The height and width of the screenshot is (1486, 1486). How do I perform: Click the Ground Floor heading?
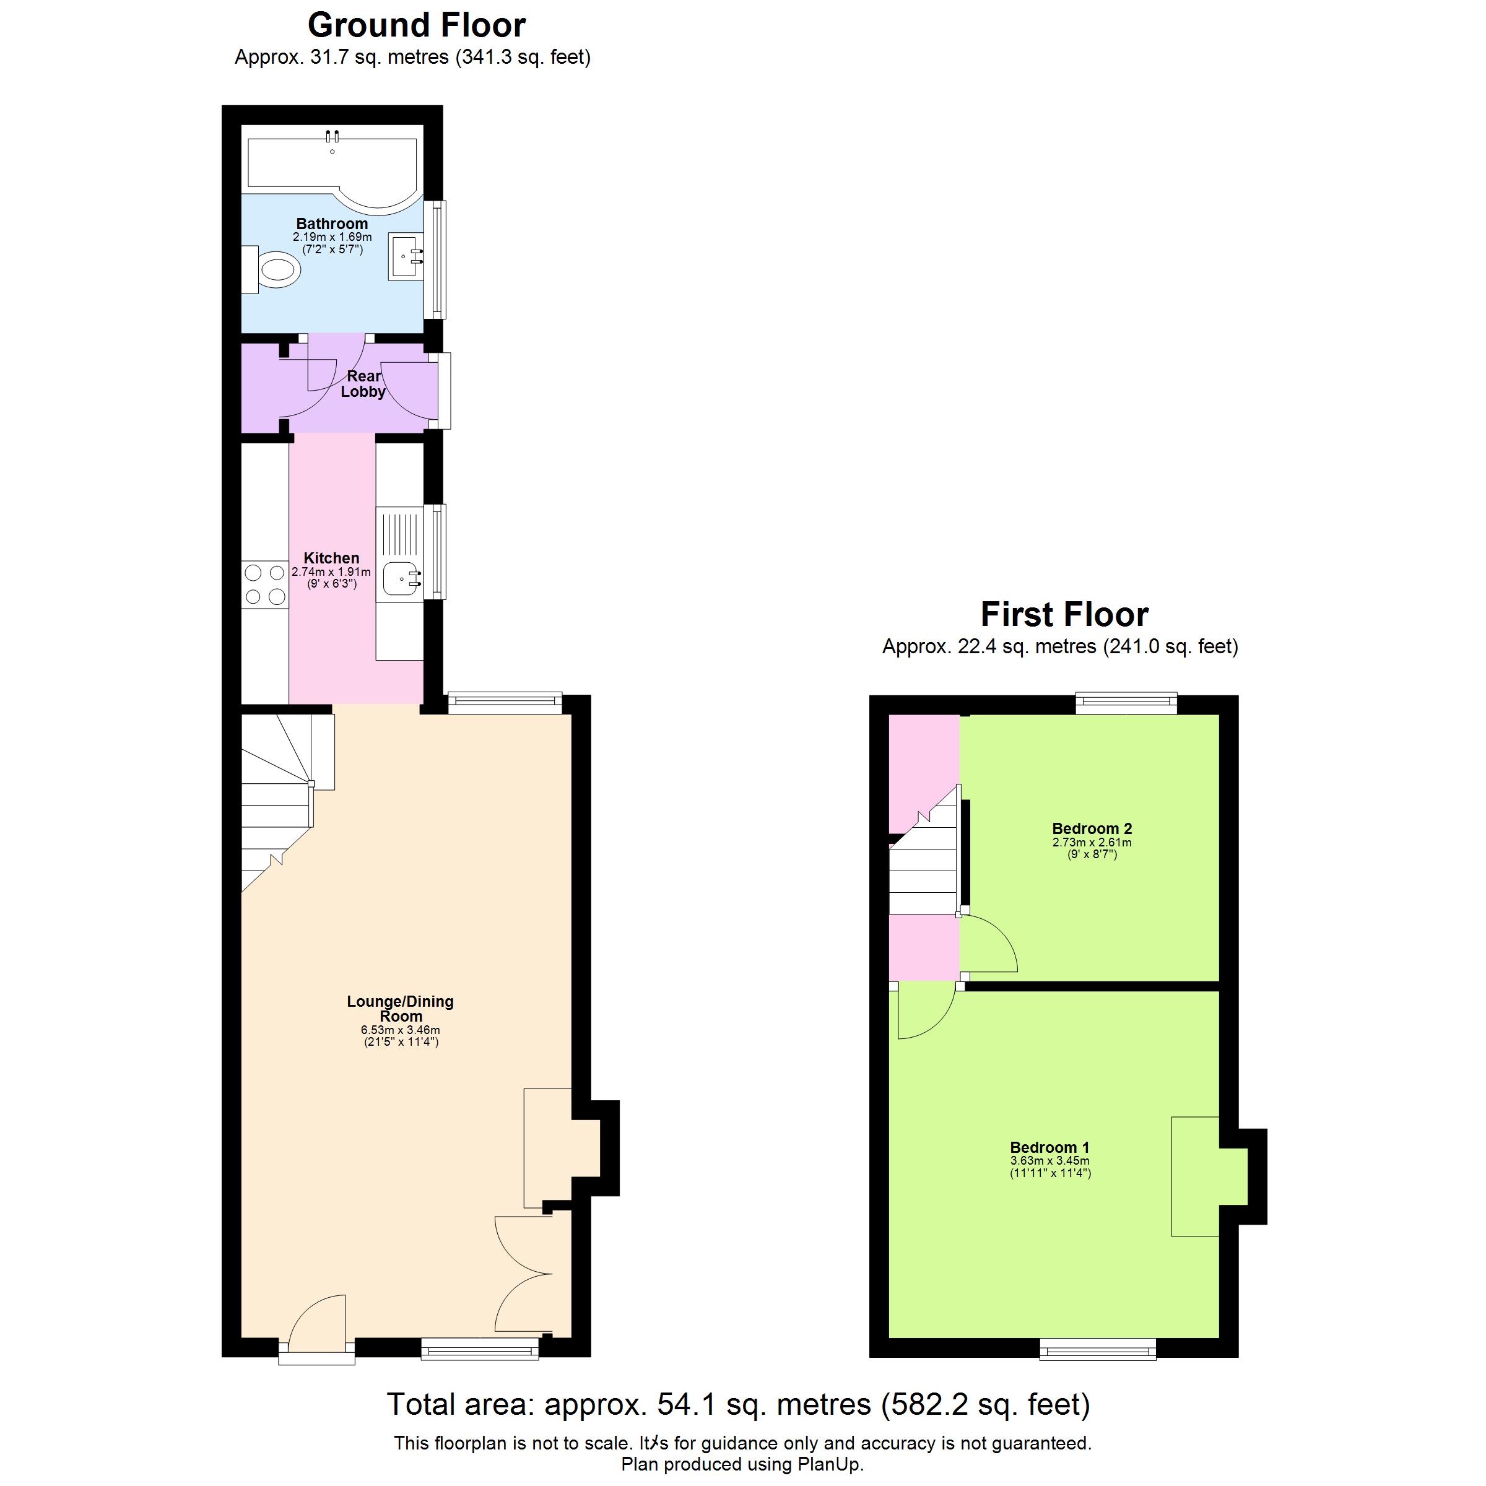pyautogui.click(x=416, y=25)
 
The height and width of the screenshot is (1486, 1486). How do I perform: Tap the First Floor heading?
pyautogui.click(x=1064, y=615)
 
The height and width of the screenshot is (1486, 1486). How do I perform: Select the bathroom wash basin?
pyautogui.click(x=406, y=256)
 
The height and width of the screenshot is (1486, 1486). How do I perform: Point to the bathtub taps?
pyautogui.click(x=332, y=137)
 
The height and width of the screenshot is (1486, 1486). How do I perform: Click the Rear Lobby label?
pyautogui.click(x=363, y=384)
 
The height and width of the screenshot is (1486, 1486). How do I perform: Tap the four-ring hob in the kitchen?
pyautogui.click(x=264, y=584)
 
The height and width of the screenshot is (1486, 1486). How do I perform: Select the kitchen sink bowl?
pyautogui.click(x=399, y=578)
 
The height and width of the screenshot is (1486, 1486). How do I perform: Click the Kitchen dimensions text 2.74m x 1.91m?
pyautogui.click(x=331, y=572)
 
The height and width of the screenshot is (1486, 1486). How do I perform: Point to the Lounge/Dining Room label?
pyautogui.click(x=400, y=1009)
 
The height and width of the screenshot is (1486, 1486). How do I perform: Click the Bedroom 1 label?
pyautogui.click(x=1049, y=1147)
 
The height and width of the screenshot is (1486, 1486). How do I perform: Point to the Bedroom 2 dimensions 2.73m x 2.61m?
pyautogui.click(x=1092, y=842)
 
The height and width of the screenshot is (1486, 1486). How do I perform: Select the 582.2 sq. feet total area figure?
pyautogui.click(x=985, y=1404)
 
